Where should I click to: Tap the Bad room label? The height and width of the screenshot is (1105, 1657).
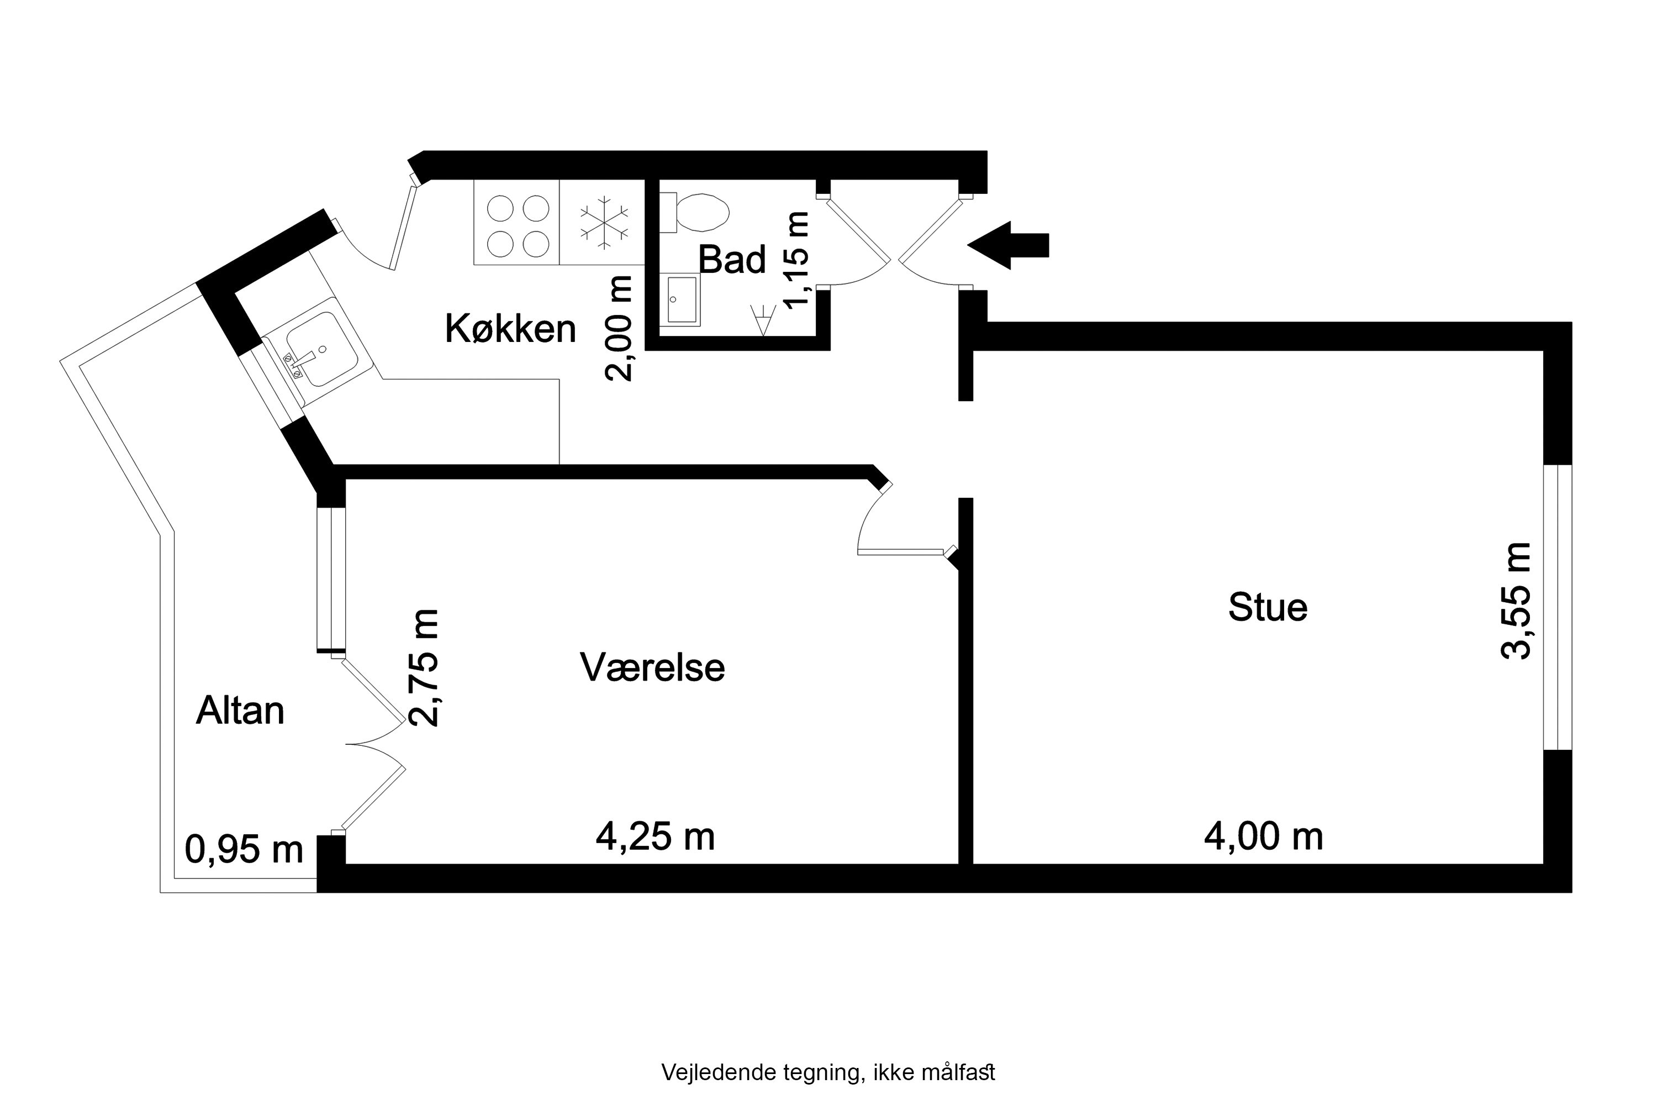[x=731, y=260]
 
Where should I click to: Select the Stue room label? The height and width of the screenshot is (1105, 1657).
[x=1268, y=607]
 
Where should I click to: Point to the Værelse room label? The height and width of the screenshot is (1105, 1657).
[x=652, y=667]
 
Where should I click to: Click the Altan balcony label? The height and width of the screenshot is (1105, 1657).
[x=240, y=711]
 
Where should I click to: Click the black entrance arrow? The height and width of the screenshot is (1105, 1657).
[x=1007, y=245]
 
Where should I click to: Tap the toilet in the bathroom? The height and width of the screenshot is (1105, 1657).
[x=700, y=212]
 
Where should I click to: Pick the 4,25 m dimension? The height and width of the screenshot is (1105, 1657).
[x=655, y=837]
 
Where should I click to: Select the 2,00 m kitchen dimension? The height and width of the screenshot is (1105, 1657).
[x=619, y=328]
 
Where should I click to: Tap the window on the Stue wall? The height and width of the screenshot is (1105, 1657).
[x=1558, y=607]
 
